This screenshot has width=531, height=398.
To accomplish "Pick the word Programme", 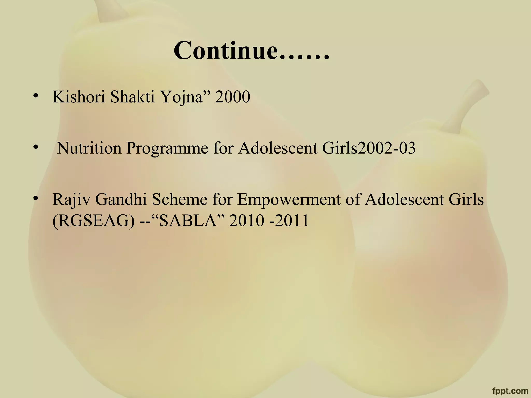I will click(x=167, y=149).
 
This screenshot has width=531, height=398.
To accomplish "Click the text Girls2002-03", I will click(x=369, y=148).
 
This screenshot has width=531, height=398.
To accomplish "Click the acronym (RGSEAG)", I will click(x=94, y=221).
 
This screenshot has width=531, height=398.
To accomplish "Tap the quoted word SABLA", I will click(x=188, y=221).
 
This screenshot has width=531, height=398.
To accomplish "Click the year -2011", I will click(x=289, y=221).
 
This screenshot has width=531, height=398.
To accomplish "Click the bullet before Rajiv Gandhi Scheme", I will click(x=35, y=198).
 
